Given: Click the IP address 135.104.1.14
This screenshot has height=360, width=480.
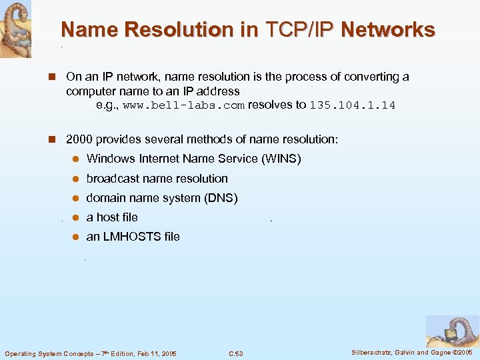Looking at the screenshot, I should pyautogui.click(x=353, y=105).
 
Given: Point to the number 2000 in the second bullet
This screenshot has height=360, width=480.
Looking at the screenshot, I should pyautogui.click(x=79, y=140).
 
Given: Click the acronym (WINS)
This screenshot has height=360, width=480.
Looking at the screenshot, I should pyautogui.click(x=281, y=159).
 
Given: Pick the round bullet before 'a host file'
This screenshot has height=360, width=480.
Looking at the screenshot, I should pyautogui.click(x=76, y=217).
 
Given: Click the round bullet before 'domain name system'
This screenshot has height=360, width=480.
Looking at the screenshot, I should pyautogui.click(x=76, y=198).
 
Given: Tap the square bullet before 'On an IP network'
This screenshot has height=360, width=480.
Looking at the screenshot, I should pyautogui.click(x=49, y=77).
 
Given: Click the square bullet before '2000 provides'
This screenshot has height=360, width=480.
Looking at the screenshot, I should pyautogui.click(x=49, y=140).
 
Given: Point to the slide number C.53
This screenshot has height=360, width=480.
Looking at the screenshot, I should pyautogui.click(x=235, y=353).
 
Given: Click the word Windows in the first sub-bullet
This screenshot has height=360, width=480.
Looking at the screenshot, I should pyautogui.click(x=111, y=159).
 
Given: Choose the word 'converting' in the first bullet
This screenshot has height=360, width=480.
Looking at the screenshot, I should pyautogui.click(x=370, y=77).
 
